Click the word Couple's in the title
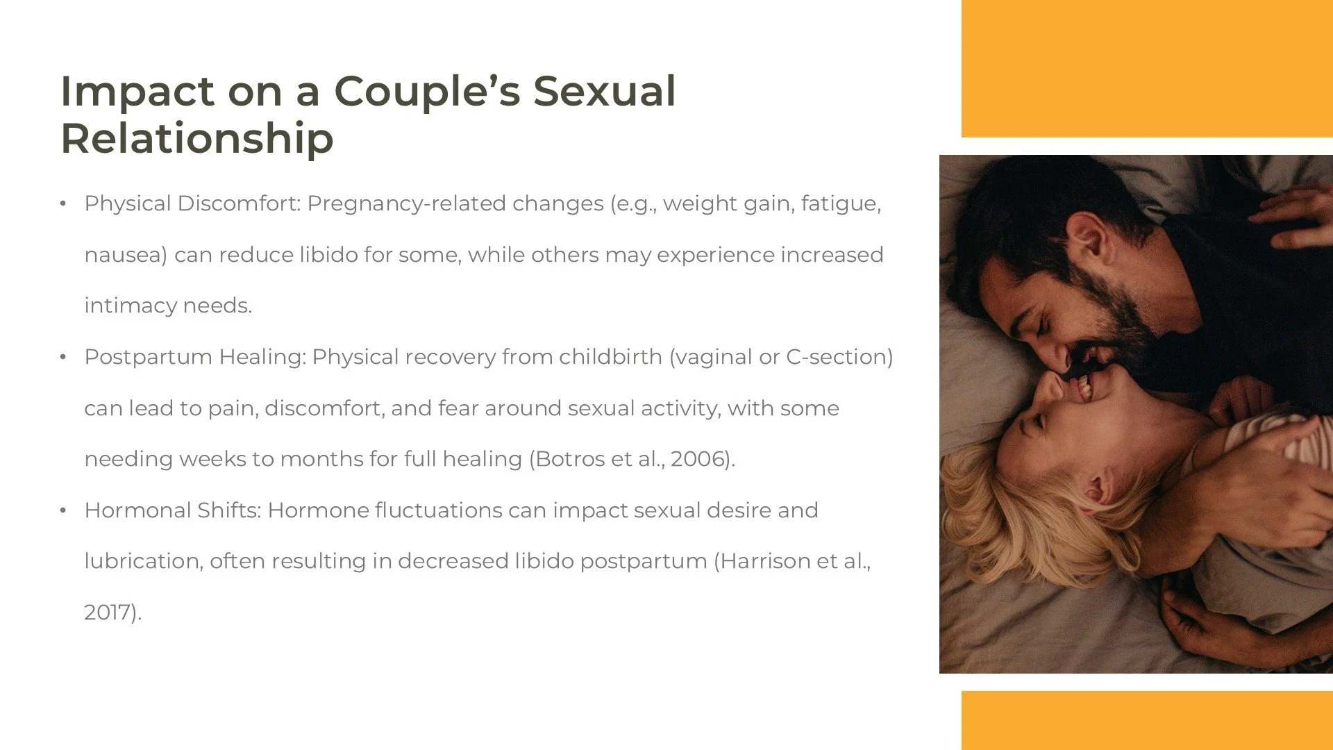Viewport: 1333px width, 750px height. pyautogui.click(x=426, y=91)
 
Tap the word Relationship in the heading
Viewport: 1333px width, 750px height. pyautogui.click(x=197, y=138)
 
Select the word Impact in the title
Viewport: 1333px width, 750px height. pyautogui.click(x=137, y=91)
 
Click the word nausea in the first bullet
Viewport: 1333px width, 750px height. pyautogui.click(x=125, y=255)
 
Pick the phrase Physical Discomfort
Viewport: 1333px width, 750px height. pyautogui.click(x=192, y=203)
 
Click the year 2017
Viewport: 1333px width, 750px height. pyautogui.click(x=109, y=612)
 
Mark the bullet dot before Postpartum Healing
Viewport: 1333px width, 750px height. pyautogui.click(x=62, y=358)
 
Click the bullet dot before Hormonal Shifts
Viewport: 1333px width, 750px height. pyautogui.click(x=62, y=511)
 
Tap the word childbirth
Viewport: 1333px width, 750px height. pyautogui.click(x=610, y=357)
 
